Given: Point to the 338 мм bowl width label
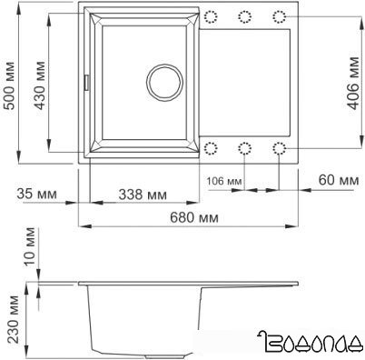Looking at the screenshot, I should pyautogui.click(x=143, y=194).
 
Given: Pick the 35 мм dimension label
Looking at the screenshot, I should pyautogui.click(x=35, y=194).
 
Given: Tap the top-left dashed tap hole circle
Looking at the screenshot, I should pyautogui.click(x=212, y=15).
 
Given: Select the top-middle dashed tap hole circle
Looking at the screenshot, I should pyautogui.click(x=245, y=15).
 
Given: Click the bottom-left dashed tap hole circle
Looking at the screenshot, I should pyautogui.click(x=212, y=147).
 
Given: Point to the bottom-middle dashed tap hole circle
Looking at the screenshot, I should pyautogui.click(x=245, y=147).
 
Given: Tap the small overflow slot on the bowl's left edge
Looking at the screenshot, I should pyautogui.click(x=88, y=82).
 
